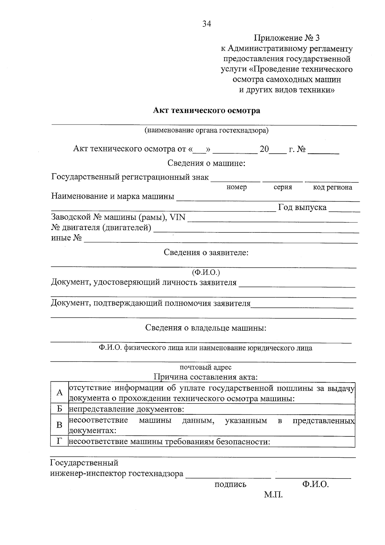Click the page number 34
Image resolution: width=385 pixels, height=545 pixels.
(x=207, y=24)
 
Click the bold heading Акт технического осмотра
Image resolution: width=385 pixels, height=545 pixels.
(x=207, y=111)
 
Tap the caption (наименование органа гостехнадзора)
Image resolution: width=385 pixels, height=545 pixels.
(x=207, y=130)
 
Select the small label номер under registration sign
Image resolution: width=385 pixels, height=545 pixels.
(x=236, y=187)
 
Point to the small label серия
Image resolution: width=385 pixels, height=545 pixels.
(x=283, y=187)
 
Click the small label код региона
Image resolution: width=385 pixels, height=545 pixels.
(x=332, y=187)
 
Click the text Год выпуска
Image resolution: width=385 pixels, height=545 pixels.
(x=302, y=207)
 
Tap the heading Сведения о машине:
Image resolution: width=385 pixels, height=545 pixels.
(x=207, y=163)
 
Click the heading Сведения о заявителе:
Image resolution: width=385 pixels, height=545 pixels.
(x=206, y=252)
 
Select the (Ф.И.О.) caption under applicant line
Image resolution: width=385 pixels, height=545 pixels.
(x=206, y=272)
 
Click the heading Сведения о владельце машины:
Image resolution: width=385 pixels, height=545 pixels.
(x=206, y=328)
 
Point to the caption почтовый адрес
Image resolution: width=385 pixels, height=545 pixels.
(x=205, y=367)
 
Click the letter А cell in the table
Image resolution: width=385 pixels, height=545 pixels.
(x=59, y=393)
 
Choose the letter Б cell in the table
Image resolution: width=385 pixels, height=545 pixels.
(x=59, y=409)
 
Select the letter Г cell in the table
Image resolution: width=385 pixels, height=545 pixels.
(x=59, y=441)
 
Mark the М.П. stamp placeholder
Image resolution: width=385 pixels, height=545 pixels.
(x=273, y=495)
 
